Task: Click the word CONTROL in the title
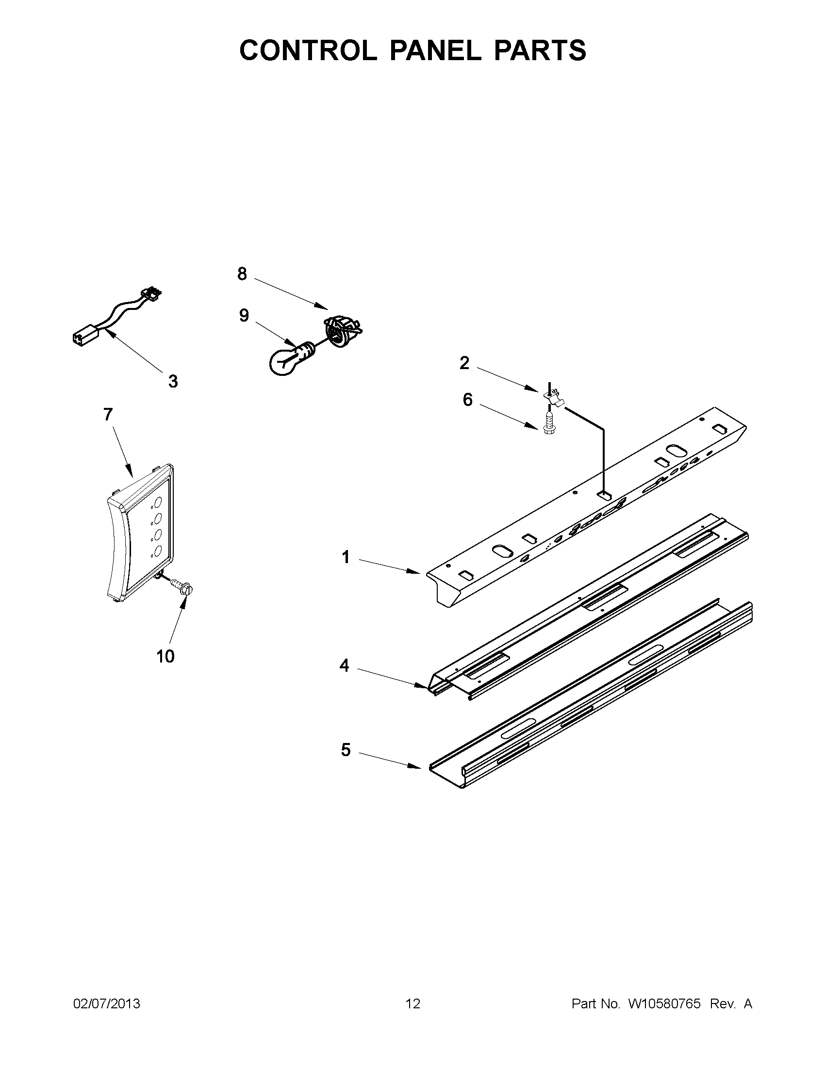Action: pyautogui.click(x=307, y=50)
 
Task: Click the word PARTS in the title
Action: pyautogui.click(x=540, y=50)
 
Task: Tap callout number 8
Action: pyautogui.click(x=242, y=274)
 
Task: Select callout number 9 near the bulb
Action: pyautogui.click(x=244, y=315)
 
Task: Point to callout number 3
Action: pyautogui.click(x=173, y=381)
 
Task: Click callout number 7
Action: pyautogui.click(x=108, y=414)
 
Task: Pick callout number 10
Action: pyautogui.click(x=165, y=656)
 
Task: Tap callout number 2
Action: pyautogui.click(x=464, y=362)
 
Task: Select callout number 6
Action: pyautogui.click(x=467, y=400)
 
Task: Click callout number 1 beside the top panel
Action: pyautogui.click(x=346, y=557)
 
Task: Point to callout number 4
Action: pyautogui.click(x=345, y=665)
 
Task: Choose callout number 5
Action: pyautogui.click(x=346, y=750)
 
